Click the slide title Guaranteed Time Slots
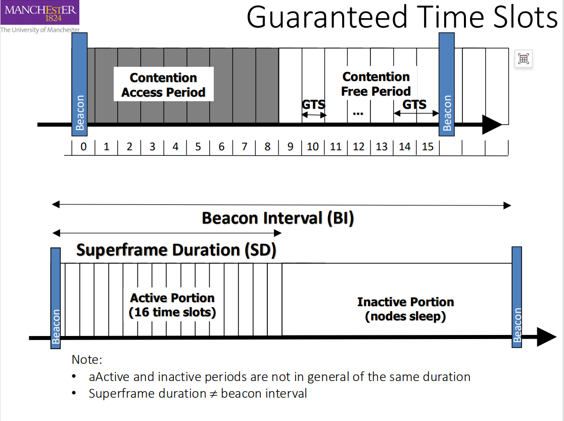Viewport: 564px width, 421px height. pos(402,17)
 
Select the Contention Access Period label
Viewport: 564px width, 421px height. pos(163,85)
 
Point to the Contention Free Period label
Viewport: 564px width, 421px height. pos(376,84)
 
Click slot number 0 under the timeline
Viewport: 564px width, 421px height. pos(83,147)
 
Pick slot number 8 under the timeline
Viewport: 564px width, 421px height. pos(267,147)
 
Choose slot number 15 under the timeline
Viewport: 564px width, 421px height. pos(428,147)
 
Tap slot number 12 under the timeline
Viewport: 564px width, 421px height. pos(359,147)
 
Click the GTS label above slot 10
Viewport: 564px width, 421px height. pos(313,105)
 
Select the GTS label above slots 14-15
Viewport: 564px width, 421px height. pos(414,104)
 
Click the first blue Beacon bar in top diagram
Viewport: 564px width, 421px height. pos(80,85)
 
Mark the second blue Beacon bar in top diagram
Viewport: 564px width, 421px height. pos(447,85)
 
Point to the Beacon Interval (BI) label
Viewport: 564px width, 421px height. pos(278,218)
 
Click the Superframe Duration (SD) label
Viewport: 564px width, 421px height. pos(176,250)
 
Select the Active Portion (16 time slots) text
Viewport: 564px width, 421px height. pos(172,305)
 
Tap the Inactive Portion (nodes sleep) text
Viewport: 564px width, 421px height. pos(405,309)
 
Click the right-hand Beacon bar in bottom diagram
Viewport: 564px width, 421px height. pos(517,297)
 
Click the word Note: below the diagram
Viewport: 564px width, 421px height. pos(87,360)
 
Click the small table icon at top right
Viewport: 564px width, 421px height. pos(524,59)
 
